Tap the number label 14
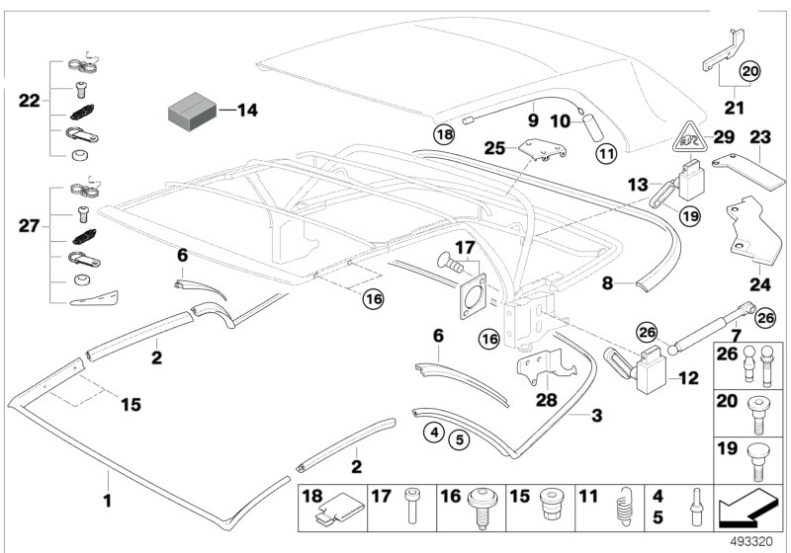coord(246,111)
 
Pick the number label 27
coord(30,226)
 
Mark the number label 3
coord(596,416)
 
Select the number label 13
coord(638,184)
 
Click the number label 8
coord(611,282)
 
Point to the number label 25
coord(494,148)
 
